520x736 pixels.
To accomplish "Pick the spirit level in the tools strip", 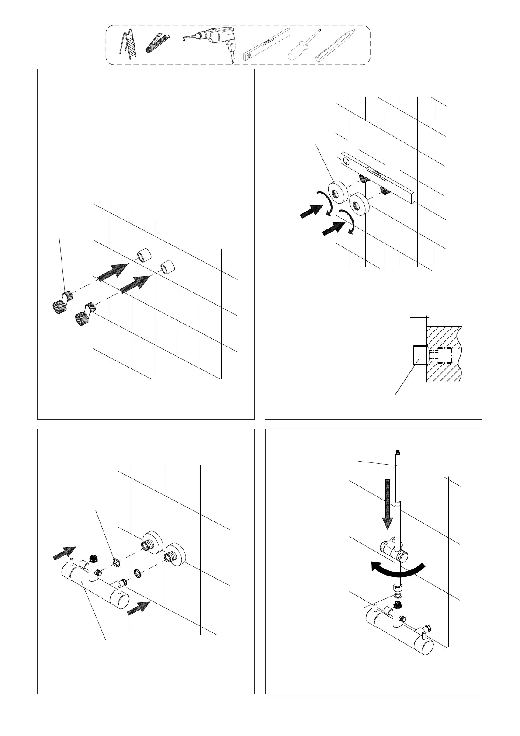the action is click(x=267, y=44).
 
